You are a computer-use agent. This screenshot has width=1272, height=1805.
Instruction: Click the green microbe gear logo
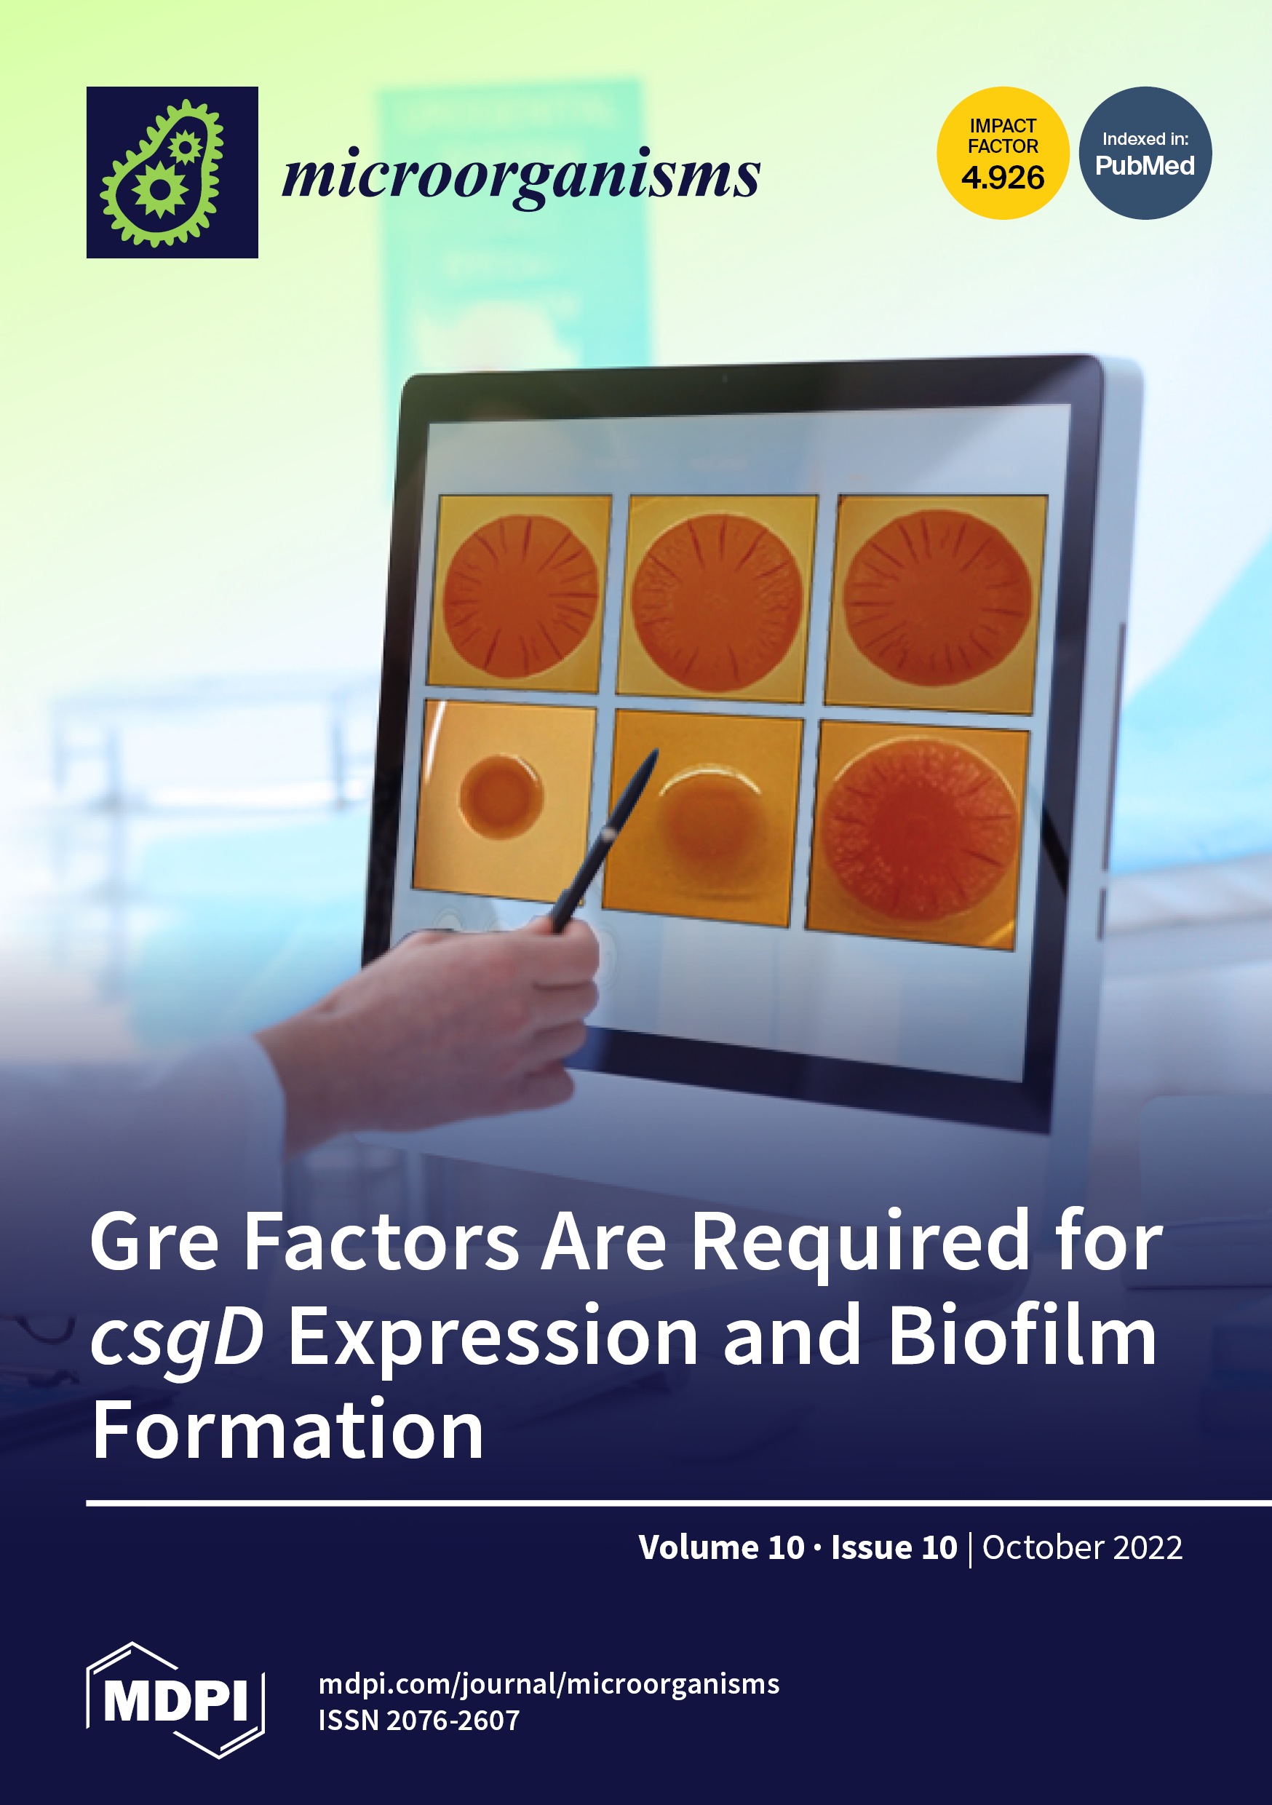click(x=172, y=172)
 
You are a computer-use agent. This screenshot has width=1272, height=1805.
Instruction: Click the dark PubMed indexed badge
click(x=1145, y=153)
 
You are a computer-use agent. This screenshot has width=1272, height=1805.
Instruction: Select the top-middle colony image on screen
click(x=717, y=599)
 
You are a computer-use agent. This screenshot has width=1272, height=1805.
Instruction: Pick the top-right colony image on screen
click(x=937, y=604)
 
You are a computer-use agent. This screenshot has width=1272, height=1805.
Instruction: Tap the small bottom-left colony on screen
click(x=501, y=796)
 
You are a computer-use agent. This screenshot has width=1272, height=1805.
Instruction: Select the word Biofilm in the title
click(x=1023, y=1335)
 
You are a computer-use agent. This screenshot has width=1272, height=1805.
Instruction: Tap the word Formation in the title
click(x=287, y=1430)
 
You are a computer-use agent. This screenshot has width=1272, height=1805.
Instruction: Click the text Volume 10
click(x=722, y=1547)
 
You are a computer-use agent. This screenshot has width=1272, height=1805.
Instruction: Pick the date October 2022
click(x=1083, y=1547)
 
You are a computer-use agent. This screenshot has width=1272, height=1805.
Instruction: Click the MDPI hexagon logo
click(x=175, y=1700)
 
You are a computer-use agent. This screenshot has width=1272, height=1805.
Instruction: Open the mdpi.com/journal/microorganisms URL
click(x=549, y=1684)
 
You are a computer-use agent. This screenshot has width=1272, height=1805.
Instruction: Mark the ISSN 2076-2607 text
click(x=419, y=1721)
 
